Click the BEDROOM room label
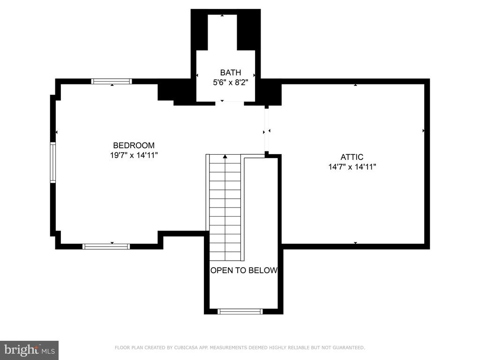(134, 145)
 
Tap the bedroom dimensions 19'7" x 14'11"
(134, 155)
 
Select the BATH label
(231, 73)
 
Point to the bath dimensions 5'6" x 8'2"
(230, 82)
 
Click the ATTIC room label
(352, 157)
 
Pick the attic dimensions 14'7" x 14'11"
(352, 167)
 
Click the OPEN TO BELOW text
(244, 270)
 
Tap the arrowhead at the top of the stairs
(225, 157)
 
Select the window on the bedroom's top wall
(112, 81)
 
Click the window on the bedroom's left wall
(53, 163)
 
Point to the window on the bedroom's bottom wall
(106, 247)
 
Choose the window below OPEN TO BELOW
(240, 311)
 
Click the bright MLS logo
(30, 350)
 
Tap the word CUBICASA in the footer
(185, 347)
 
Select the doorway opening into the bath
(230, 103)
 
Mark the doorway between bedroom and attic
(267, 130)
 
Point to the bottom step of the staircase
(225, 256)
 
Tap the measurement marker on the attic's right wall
(423, 131)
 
